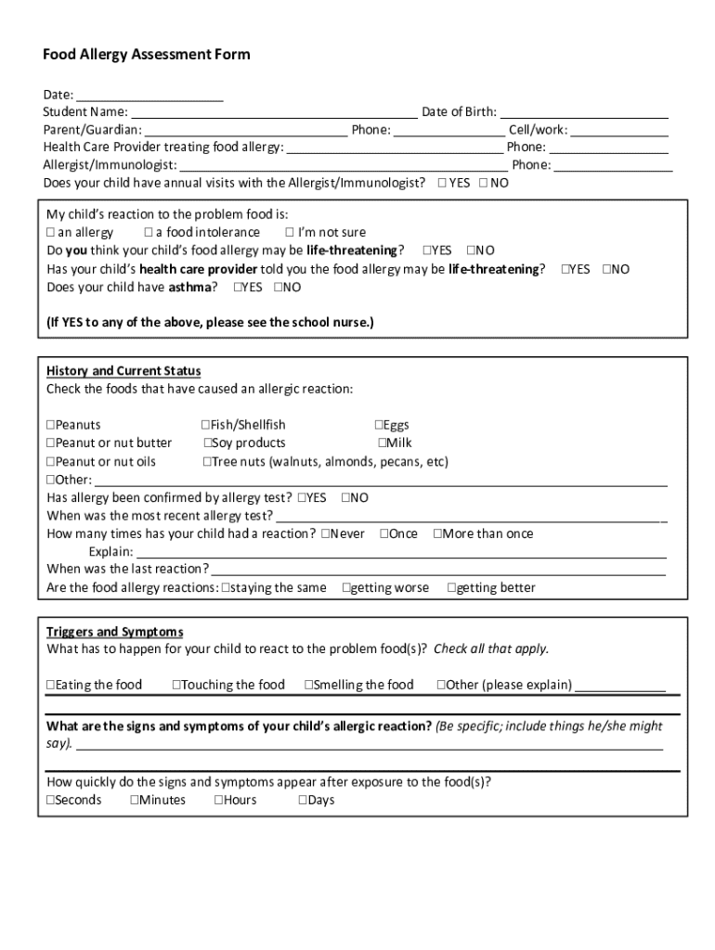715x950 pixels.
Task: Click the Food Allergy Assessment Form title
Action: coord(147,55)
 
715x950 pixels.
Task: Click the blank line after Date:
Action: coord(149,95)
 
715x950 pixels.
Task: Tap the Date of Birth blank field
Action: coord(584,112)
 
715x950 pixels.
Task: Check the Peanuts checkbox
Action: coord(51,425)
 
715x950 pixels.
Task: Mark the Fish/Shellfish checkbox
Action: coord(205,425)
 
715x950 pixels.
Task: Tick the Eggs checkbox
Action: coord(379,425)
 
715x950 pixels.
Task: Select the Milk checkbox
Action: coord(382,443)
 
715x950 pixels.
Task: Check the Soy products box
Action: coord(208,443)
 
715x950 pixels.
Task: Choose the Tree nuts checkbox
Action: coord(208,461)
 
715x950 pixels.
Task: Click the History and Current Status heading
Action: coord(123,371)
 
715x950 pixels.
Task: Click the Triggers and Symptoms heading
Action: coord(115,631)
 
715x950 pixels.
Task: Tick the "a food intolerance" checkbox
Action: coord(149,233)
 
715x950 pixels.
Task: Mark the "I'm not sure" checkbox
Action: coord(290,233)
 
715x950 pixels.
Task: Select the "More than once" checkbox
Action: coord(438,533)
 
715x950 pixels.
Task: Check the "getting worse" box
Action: coord(346,587)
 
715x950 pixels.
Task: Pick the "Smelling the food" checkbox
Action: coord(309,686)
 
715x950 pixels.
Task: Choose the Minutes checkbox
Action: coord(135,800)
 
